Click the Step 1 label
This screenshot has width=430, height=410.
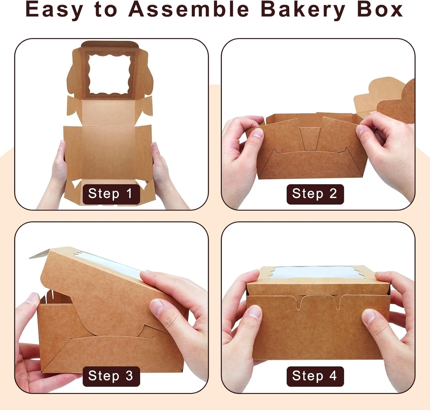pyautogui.click(x=111, y=194)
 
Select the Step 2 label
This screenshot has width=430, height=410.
pyautogui.click(x=315, y=194)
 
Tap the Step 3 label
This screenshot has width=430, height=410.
pyautogui.click(x=111, y=376)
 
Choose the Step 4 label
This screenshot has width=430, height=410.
pyautogui.click(x=315, y=376)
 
